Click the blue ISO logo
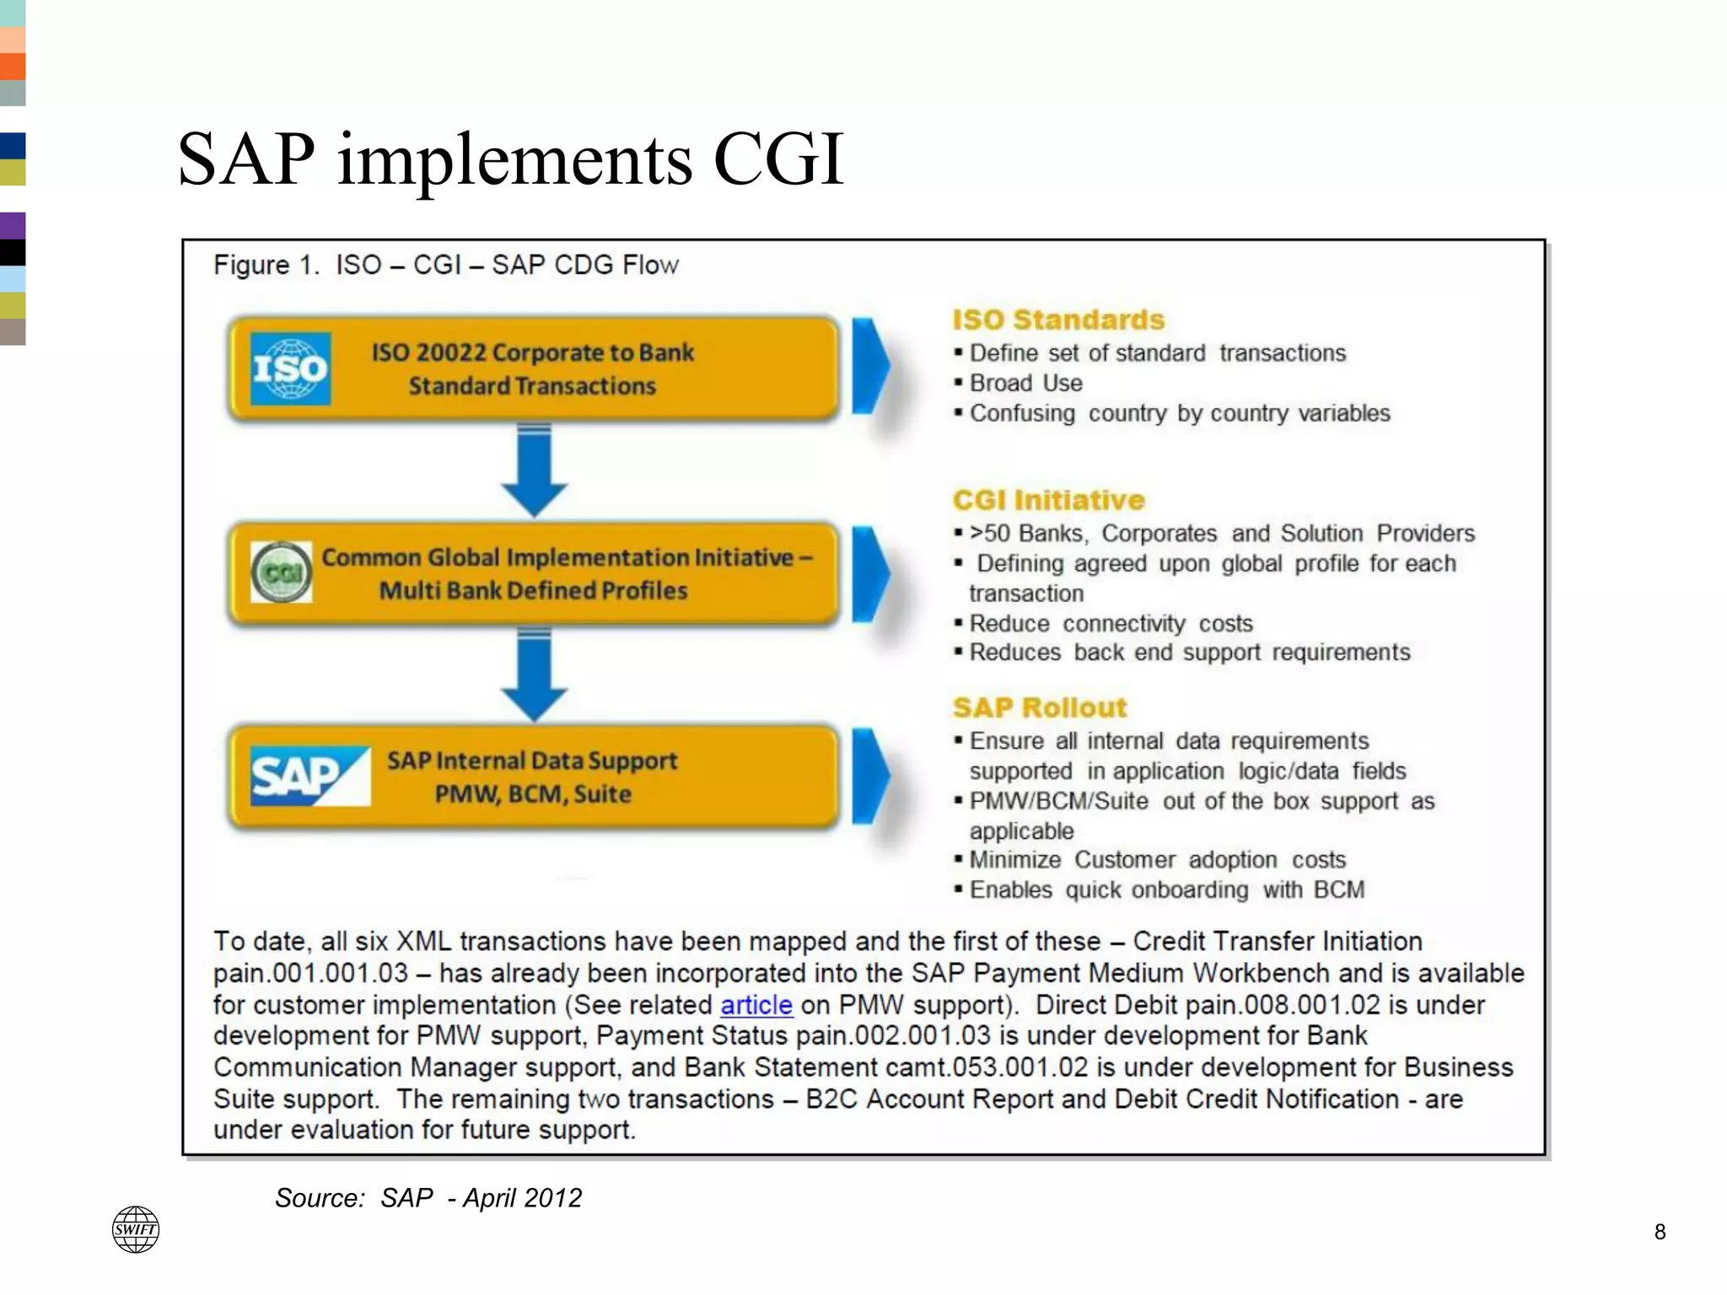click(x=290, y=368)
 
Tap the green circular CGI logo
click(x=282, y=572)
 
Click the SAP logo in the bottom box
click(x=309, y=776)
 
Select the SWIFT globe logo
click(x=136, y=1229)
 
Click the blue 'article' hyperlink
click(x=756, y=1005)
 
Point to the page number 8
click(x=1660, y=1232)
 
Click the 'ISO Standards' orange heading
click(x=1058, y=320)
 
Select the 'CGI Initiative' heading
click(x=1048, y=500)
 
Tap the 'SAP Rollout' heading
click(x=1040, y=707)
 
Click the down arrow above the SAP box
click(x=534, y=674)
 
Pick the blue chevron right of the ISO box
click(x=870, y=367)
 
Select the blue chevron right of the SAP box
click(x=870, y=776)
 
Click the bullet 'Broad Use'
click(x=1025, y=383)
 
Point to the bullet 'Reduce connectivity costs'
click(x=1111, y=623)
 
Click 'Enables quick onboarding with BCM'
click(x=1166, y=889)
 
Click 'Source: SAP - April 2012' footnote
click(x=428, y=1197)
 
